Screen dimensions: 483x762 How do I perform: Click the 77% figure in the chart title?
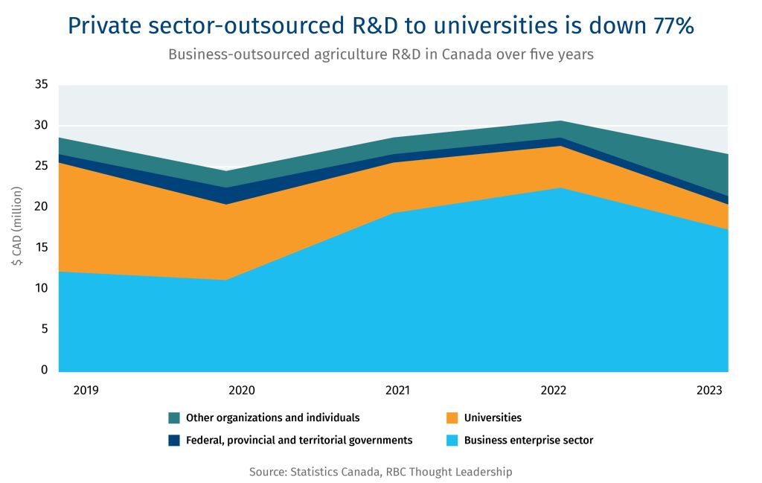tap(666, 25)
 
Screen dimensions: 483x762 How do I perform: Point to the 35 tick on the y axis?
tap(42, 85)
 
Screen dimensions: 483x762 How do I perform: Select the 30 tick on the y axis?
tap(42, 125)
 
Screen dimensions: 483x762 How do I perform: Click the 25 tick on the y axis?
tap(42, 166)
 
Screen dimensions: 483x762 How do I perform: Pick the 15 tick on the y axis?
tap(42, 247)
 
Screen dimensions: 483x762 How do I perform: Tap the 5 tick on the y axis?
tap(45, 329)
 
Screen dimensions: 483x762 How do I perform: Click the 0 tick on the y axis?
tap(45, 370)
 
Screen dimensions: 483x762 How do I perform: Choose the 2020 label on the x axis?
tap(242, 391)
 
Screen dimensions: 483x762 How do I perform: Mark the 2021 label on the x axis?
tap(397, 391)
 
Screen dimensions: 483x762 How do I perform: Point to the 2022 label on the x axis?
tap(554, 391)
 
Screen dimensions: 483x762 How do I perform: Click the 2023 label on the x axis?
tap(709, 391)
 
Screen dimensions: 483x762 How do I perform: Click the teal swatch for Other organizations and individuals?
tap(175, 418)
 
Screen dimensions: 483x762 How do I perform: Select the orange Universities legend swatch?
tap(452, 418)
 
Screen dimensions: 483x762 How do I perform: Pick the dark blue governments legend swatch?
tap(175, 441)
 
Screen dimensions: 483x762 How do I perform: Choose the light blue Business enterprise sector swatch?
tap(452, 441)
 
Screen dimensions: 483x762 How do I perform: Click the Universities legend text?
tap(493, 418)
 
